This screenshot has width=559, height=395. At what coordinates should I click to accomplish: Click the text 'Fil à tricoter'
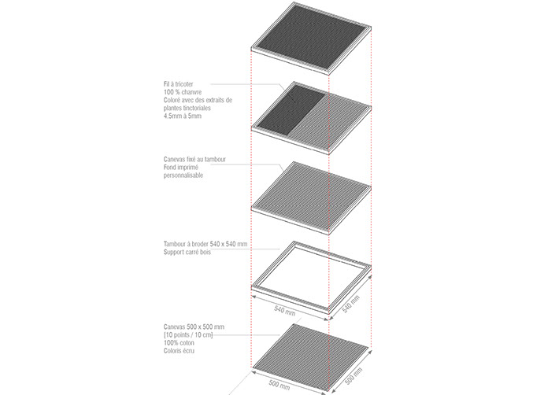[x=178, y=84]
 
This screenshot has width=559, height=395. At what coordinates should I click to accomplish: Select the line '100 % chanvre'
[x=183, y=92]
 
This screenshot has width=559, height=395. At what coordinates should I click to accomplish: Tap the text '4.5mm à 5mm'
[x=183, y=116]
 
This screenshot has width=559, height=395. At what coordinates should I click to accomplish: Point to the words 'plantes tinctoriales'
[x=187, y=108]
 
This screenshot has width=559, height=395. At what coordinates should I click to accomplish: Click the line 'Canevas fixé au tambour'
[x=194, y=159]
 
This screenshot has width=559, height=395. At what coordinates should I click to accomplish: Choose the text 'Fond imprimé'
[x=181, y=168]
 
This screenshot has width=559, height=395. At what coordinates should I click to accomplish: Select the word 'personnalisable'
[x=183, y=175]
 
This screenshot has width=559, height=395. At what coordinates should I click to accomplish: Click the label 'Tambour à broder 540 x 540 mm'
[x=205, y=244]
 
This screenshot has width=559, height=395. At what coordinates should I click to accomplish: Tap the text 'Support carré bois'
[x=187, y=252]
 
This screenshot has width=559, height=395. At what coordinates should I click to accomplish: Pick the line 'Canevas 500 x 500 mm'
[x=194, y=327]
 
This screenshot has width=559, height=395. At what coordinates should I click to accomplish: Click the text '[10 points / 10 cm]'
[x=188, y=335]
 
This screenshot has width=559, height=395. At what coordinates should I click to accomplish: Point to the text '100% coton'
[x=179, y=343]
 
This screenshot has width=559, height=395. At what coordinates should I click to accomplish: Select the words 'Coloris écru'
[x=179, y=351]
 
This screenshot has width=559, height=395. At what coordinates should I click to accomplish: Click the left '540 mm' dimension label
[x=285, y=310]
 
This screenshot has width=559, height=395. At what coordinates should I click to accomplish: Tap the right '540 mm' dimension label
[x=351, y=304]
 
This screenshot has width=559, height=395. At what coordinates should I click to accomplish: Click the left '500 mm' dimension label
[x=279, y=385]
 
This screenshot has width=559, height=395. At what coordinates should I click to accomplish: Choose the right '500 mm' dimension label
[x=354, y=376]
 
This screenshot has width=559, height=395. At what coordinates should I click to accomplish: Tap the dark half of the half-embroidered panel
[x=291, y=109]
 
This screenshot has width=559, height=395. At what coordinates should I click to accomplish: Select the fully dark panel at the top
[x=312, y=39]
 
